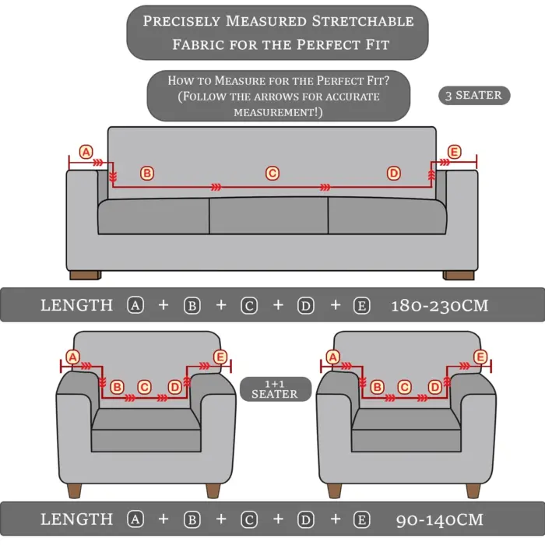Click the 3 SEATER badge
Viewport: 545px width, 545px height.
[473, 96]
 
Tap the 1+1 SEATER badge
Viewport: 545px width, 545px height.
[275, 389]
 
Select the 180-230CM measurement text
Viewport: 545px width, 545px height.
[439, 305]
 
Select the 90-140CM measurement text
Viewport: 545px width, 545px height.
[439, 519]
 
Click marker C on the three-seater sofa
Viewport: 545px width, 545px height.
[272, 173]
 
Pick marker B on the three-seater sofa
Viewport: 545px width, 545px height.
[146, 173]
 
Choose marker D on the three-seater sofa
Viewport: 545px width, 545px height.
[394, 173]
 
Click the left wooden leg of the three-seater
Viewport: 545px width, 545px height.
[85, 275]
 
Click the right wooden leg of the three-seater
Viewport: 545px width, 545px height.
[459, 275]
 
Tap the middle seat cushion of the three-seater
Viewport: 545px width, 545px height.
[269, 215]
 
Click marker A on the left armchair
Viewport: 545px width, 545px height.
[73, 357]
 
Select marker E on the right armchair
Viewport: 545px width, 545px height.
[480, 357]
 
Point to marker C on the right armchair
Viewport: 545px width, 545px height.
[404, 386]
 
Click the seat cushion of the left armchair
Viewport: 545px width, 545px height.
[146, 420]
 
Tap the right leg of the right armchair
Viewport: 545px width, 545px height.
[471, 490]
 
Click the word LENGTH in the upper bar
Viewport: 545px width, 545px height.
[76, 305]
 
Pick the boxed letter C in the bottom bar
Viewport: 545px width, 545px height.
[249, 519]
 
